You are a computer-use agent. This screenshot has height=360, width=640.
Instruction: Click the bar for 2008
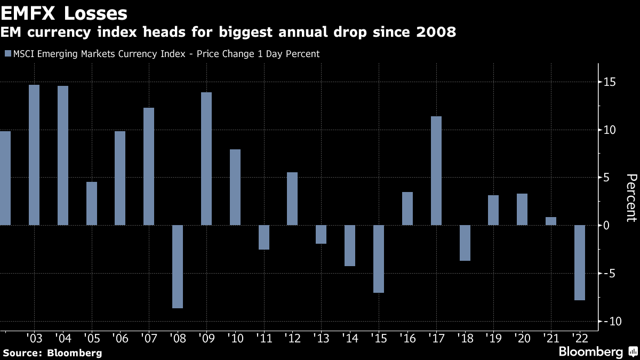click(178, 266)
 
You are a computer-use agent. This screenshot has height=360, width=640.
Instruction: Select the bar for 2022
click(579, 262)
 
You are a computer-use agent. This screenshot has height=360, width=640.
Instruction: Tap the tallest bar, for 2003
click(34, 155)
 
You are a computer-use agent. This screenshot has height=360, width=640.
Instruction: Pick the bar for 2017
click(436, 171)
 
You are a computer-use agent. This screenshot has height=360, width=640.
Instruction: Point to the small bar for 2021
click(550, 221)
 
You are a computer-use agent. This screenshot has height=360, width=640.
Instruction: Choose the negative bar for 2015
click(379, 259)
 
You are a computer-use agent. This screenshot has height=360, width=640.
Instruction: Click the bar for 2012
click(292, 198)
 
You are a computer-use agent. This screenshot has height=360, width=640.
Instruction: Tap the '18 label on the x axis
click(465, 338)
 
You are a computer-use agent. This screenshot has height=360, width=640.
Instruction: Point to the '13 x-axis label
click(321, 338)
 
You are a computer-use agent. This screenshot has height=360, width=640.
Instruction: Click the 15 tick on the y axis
click(609, 82)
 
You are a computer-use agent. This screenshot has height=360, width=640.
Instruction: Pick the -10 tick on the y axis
click(607, 321)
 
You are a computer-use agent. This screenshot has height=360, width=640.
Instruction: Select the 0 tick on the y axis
click(606, 225)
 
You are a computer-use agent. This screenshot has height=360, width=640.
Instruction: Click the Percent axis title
click(631, 197)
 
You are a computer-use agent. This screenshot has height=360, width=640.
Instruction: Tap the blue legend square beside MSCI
click(7, 53)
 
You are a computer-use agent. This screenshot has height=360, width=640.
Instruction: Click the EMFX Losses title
click(64, 13)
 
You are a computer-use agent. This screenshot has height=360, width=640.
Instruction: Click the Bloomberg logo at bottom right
click(597, 351)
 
